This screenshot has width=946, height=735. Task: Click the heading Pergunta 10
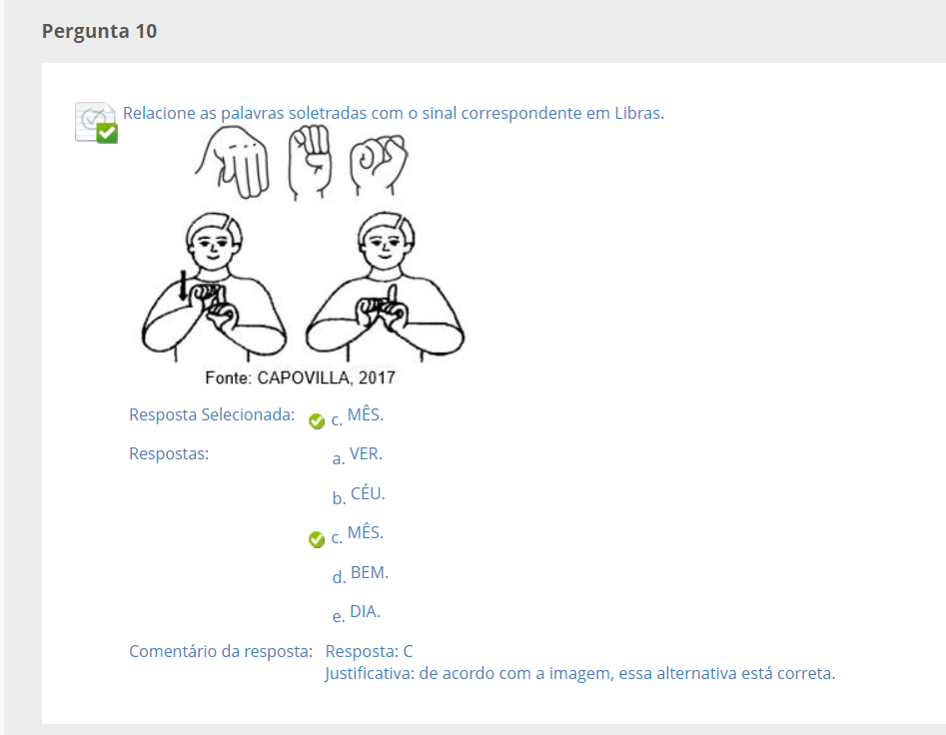tap(99, 31)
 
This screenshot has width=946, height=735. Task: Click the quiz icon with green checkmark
tap(96, 123)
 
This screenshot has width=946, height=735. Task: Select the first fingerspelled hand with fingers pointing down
tap(233, 162)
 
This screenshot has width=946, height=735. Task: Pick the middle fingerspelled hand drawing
tap(310, 162)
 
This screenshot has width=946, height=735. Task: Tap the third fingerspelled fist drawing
tap(379, 164)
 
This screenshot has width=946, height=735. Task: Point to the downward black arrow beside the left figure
tap(184, 286)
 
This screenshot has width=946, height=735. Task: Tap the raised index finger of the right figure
tap(393, 296)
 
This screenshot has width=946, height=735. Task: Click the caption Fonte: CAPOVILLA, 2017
tap(300, 378)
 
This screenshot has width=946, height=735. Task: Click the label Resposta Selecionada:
tap(212, 414)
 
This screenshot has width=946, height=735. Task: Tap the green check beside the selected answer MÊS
tap(316, 420)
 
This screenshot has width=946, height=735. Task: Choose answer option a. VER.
tap(358, 455)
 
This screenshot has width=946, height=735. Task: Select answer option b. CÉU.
tap(359, 495)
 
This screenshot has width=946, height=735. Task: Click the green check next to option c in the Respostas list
tap(316, 539)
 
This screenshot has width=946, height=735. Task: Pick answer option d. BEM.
tap(361, 574)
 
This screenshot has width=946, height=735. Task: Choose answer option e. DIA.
tap(357, 613)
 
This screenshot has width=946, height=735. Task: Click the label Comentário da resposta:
tap(221, 651)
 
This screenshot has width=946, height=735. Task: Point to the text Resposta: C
tap(370, 651)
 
